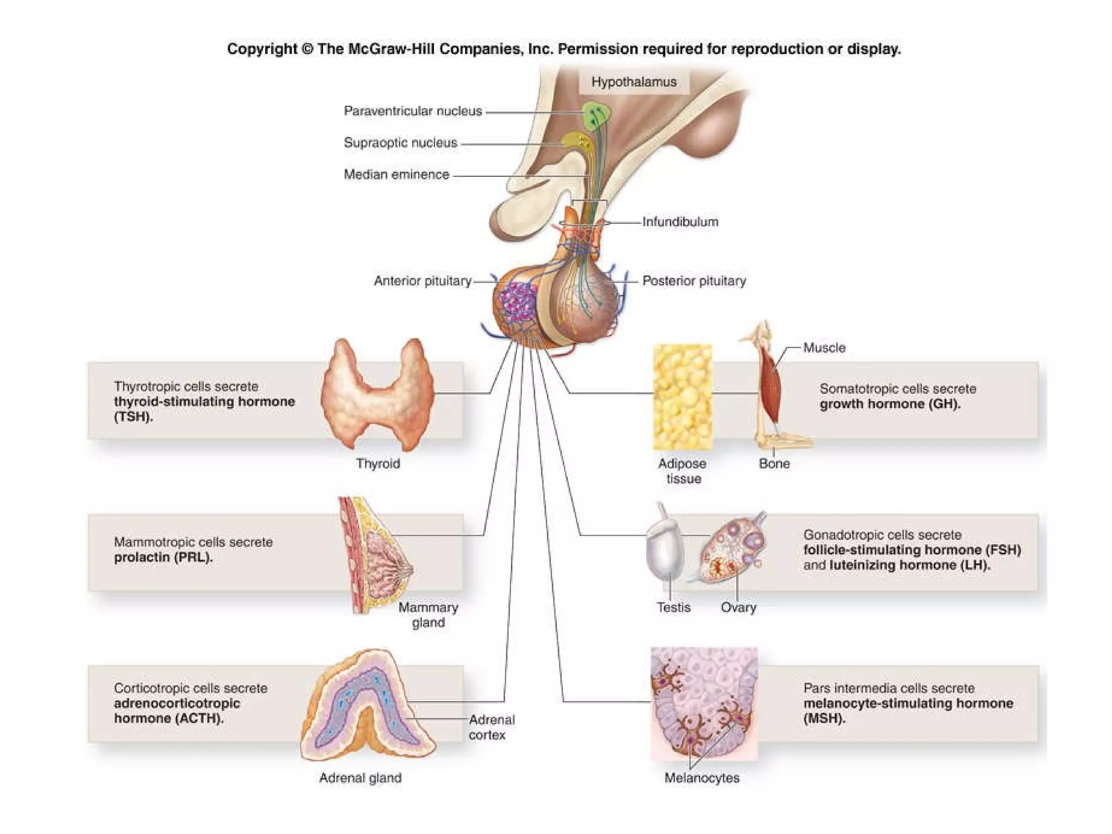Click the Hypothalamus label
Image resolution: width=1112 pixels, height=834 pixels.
pyautogui.click(x=634, y=82)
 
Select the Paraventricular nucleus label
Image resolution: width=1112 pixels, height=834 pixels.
pyautogui.click(x=413, y=111)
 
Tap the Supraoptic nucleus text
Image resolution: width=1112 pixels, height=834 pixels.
pyautogui.click(x=400, y=143)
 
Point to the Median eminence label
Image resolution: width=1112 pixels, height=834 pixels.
pyautogui.click(x=396, y=174)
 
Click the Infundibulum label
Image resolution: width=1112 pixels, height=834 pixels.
pyautogui.click(x=680, y=222)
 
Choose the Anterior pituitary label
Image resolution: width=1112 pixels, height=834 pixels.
pyautogui.click(x=422, y=281)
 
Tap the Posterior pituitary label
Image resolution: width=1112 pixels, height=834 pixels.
pyautogui.click(x=694, y=281)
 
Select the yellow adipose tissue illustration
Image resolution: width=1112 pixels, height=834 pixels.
pyautogui.click(x=683, y=396)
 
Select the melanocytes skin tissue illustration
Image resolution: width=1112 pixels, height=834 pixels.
pyautogui.click(x=704, y=703)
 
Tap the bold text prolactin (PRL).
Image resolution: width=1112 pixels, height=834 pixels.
pyautogui.click(x=163, y=558)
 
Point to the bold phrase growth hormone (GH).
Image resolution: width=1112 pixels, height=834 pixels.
pyautogui.click(x=890, y=404)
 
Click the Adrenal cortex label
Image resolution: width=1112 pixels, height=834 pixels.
pyautogui.click(x=491, y=727)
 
